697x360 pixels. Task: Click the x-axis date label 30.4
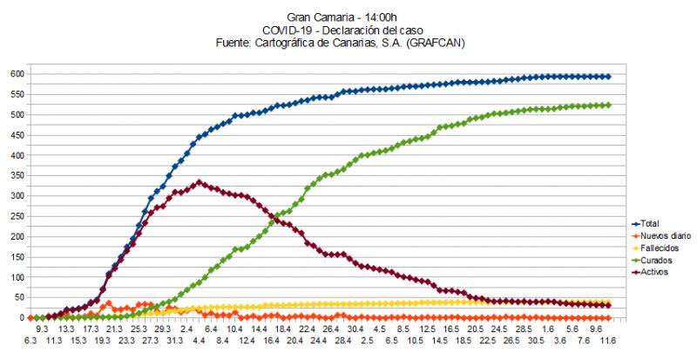[355, 330]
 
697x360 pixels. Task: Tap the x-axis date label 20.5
[475, 330]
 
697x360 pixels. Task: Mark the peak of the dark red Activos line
[200, 182]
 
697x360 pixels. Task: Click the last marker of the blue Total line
[608, 77]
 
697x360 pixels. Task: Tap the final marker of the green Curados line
[608, 105]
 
